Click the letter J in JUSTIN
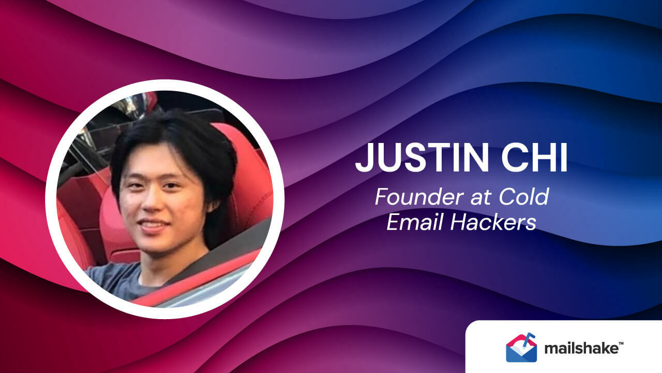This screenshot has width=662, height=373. (x=364, y=158)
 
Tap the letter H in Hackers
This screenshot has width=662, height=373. (x=459, y=222)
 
